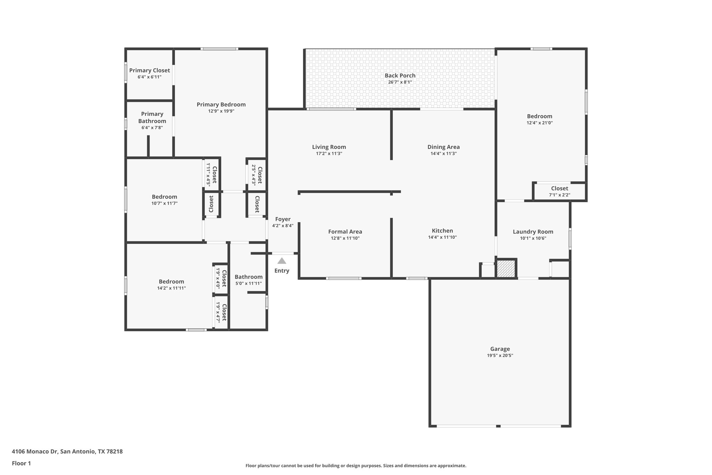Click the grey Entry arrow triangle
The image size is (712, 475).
coord(282,261)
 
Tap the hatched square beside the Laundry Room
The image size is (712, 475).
coord(506,269)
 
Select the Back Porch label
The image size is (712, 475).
coord(400,76)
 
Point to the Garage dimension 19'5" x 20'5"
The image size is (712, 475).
coord(500,355)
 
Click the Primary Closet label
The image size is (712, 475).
coord(149,70)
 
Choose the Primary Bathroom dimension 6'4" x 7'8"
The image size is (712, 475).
coord(152,128)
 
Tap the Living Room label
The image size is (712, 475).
coord(329,147)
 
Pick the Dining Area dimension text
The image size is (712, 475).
coord(443,153)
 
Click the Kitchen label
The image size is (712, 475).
coord(442,231)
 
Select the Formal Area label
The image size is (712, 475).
coord(345,232)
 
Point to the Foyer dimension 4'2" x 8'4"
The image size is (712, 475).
coord(283,225)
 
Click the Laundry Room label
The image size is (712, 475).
coord(533,232)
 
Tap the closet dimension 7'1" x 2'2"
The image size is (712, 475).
coord(559,195)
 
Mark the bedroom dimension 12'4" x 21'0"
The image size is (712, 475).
coord(540,122)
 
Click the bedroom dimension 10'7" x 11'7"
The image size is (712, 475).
coord(164,203)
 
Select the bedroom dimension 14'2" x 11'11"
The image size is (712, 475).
coord(171,288)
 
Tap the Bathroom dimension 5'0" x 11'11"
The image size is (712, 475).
coord(248,283)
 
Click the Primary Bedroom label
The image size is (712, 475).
coord(221,104)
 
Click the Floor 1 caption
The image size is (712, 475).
coord(22,463)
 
